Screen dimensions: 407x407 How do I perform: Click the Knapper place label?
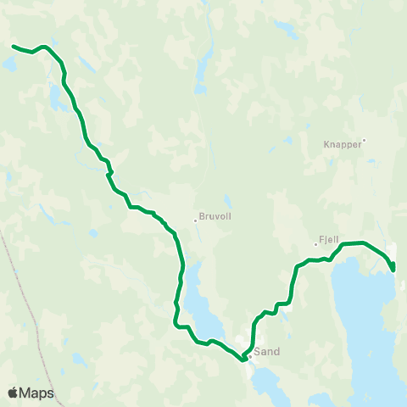click(343, 144)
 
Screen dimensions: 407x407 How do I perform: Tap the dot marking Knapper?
click(364, 140)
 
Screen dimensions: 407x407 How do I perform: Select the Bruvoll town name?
click(215, 216)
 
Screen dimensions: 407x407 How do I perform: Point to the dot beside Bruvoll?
click(195, 220)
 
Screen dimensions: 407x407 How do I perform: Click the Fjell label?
click(329, 240)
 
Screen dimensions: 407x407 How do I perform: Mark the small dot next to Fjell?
click(315, 244)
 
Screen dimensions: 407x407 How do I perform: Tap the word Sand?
click(267, 351)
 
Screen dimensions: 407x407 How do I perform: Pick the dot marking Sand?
click(250, 355)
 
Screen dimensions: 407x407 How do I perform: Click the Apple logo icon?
click(12, 393)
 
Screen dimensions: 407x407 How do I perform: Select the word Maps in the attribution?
click(36, 393)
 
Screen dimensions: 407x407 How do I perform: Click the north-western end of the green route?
click(14, 46)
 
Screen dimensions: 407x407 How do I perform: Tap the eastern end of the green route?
click(393, 270)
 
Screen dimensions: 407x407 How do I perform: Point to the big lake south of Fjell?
click(365, 322)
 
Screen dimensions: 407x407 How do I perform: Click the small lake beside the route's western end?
click(9, 63)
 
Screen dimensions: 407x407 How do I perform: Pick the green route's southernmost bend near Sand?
click(243, 360)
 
